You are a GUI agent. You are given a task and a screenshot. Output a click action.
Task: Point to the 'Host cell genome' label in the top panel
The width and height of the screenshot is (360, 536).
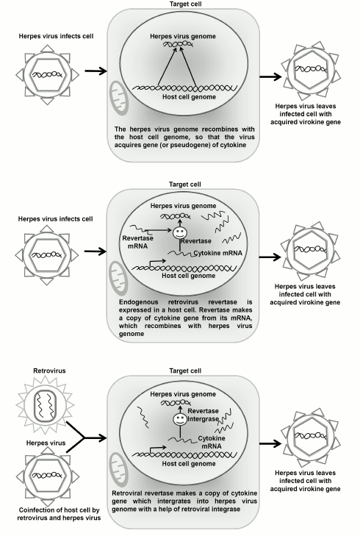click(179, 97)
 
